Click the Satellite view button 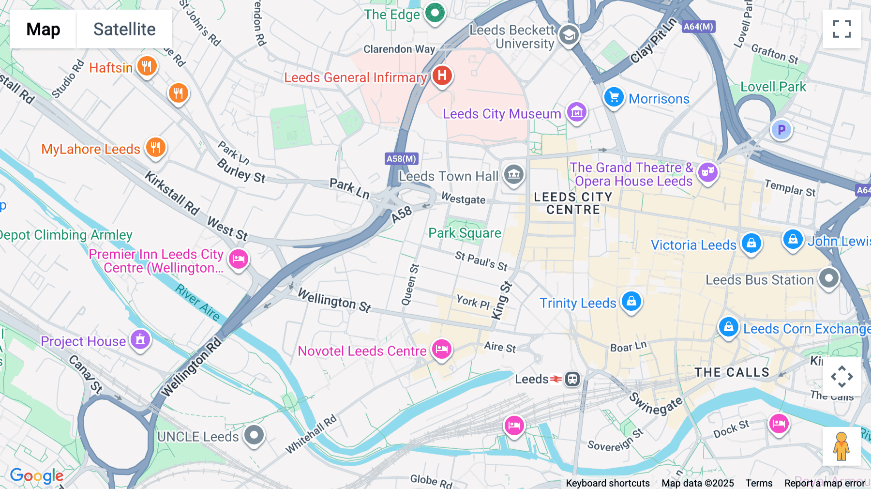(x=124, y=29)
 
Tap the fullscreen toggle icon (x=841, y=29)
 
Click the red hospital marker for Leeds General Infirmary (x=442, y=76)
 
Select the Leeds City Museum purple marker (x=576, y=112)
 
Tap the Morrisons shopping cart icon (x=614, y=97)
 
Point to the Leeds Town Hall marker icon (x=513, y=174)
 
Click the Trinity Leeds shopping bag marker (x=631, y=302)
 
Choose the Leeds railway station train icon (x=572, y=379)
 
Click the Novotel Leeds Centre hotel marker (x=441, y=349)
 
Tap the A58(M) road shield (x=402, y=159)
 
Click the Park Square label (x=465, y=233)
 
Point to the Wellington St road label (x=334, y=300)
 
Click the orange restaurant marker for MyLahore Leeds (x=155, y=147)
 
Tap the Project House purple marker (x=140, y=340)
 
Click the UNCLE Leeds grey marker (x=254, y=435)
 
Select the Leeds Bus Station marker (x=828, y=278)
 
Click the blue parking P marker (x=781, y=130)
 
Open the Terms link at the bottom (x=759, y=483)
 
